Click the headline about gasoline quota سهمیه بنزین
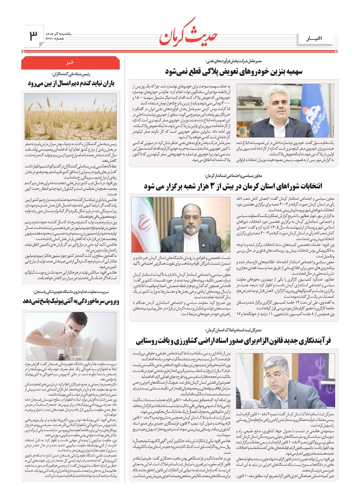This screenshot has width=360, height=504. [x=234, y=71]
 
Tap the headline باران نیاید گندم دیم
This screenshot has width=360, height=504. [x=71, y=84]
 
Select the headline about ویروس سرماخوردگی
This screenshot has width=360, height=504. [x=71, y=301]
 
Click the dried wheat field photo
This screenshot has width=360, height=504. [x=71, y=116]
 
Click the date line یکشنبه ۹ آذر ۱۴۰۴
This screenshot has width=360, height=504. [x=58, y=33]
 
